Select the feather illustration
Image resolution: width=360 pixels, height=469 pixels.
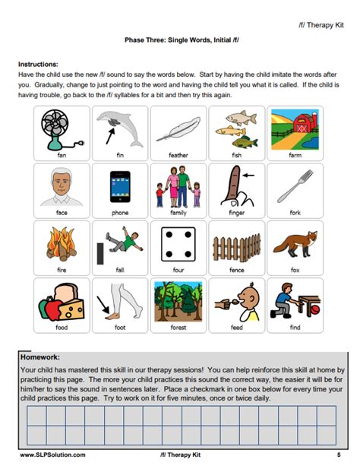pos(178,129)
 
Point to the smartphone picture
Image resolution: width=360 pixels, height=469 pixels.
pos(120,186)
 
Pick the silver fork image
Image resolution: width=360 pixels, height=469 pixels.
pos(295,186)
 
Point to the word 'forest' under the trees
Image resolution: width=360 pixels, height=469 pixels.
pos(178,328)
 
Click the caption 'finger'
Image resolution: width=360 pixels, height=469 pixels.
pos(236,213)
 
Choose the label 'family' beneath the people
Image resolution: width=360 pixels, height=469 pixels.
pos(178,213)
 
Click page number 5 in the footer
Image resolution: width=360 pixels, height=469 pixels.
pos(338,454)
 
